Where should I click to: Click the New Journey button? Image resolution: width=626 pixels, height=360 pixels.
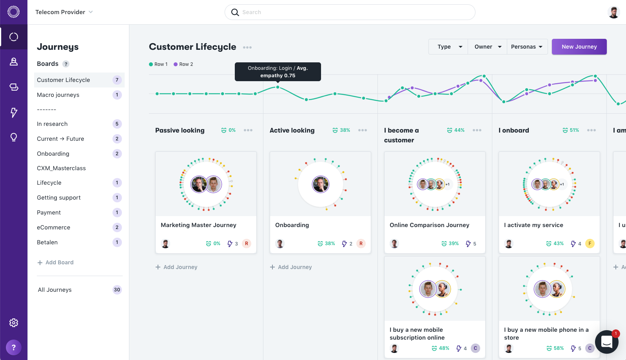point(579,47)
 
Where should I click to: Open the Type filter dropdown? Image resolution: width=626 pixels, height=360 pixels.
point(448,47)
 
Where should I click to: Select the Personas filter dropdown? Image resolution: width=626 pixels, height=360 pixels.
point(527,47)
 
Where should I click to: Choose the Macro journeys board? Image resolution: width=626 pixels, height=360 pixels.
point(58,95)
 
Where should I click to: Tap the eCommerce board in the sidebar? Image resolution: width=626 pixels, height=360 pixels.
point(54,227)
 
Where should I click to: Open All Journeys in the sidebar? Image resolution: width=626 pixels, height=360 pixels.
point(55,290)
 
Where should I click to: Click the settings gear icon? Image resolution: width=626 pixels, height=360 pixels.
point(14,323)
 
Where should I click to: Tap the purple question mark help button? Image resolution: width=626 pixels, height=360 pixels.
point(14,347)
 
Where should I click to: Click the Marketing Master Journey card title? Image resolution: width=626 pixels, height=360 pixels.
point(198,225)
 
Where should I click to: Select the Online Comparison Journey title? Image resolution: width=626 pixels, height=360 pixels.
point(429,225)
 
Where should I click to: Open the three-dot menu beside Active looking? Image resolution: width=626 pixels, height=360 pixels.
point(363,130)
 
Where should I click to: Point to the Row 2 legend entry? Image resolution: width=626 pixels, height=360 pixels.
point(183,64)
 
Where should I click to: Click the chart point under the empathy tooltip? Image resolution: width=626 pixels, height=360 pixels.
point(278,87)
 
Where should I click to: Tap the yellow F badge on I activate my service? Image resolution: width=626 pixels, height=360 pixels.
point(590,244)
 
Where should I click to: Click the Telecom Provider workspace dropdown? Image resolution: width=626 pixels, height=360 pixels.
point(64,12)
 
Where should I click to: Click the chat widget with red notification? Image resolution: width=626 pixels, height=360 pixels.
point(606,342)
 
